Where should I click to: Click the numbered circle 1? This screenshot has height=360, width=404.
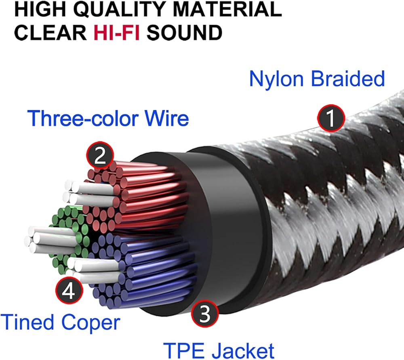pyautogui.click(x=330, y=119)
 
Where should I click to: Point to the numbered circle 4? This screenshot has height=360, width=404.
pyautogui.click(x=69, y=291)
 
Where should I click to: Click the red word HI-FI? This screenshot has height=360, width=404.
pyautogui.click(x=114, y=33)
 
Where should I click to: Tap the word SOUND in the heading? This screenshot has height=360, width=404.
pyautogui.click(x=184, y=33)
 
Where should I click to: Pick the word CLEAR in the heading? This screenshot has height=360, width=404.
pyautogui.click(x=48, y=33)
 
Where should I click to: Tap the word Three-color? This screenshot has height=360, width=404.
pyautogui.click(x=84, y=119)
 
